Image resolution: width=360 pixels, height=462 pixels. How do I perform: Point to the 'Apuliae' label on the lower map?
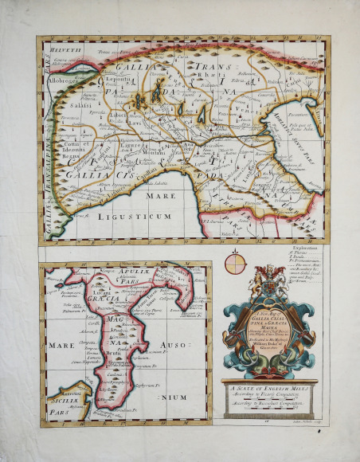tap(117, 272)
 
